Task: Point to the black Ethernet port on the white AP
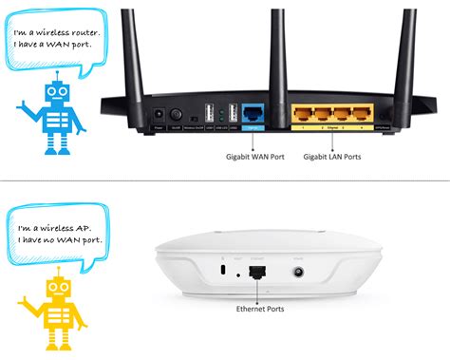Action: (x=256, y=272)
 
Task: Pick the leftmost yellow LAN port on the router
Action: (x=303, y=113)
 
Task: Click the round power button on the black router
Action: (x=176, y=114)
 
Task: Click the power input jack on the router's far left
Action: (x=158, y=115)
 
